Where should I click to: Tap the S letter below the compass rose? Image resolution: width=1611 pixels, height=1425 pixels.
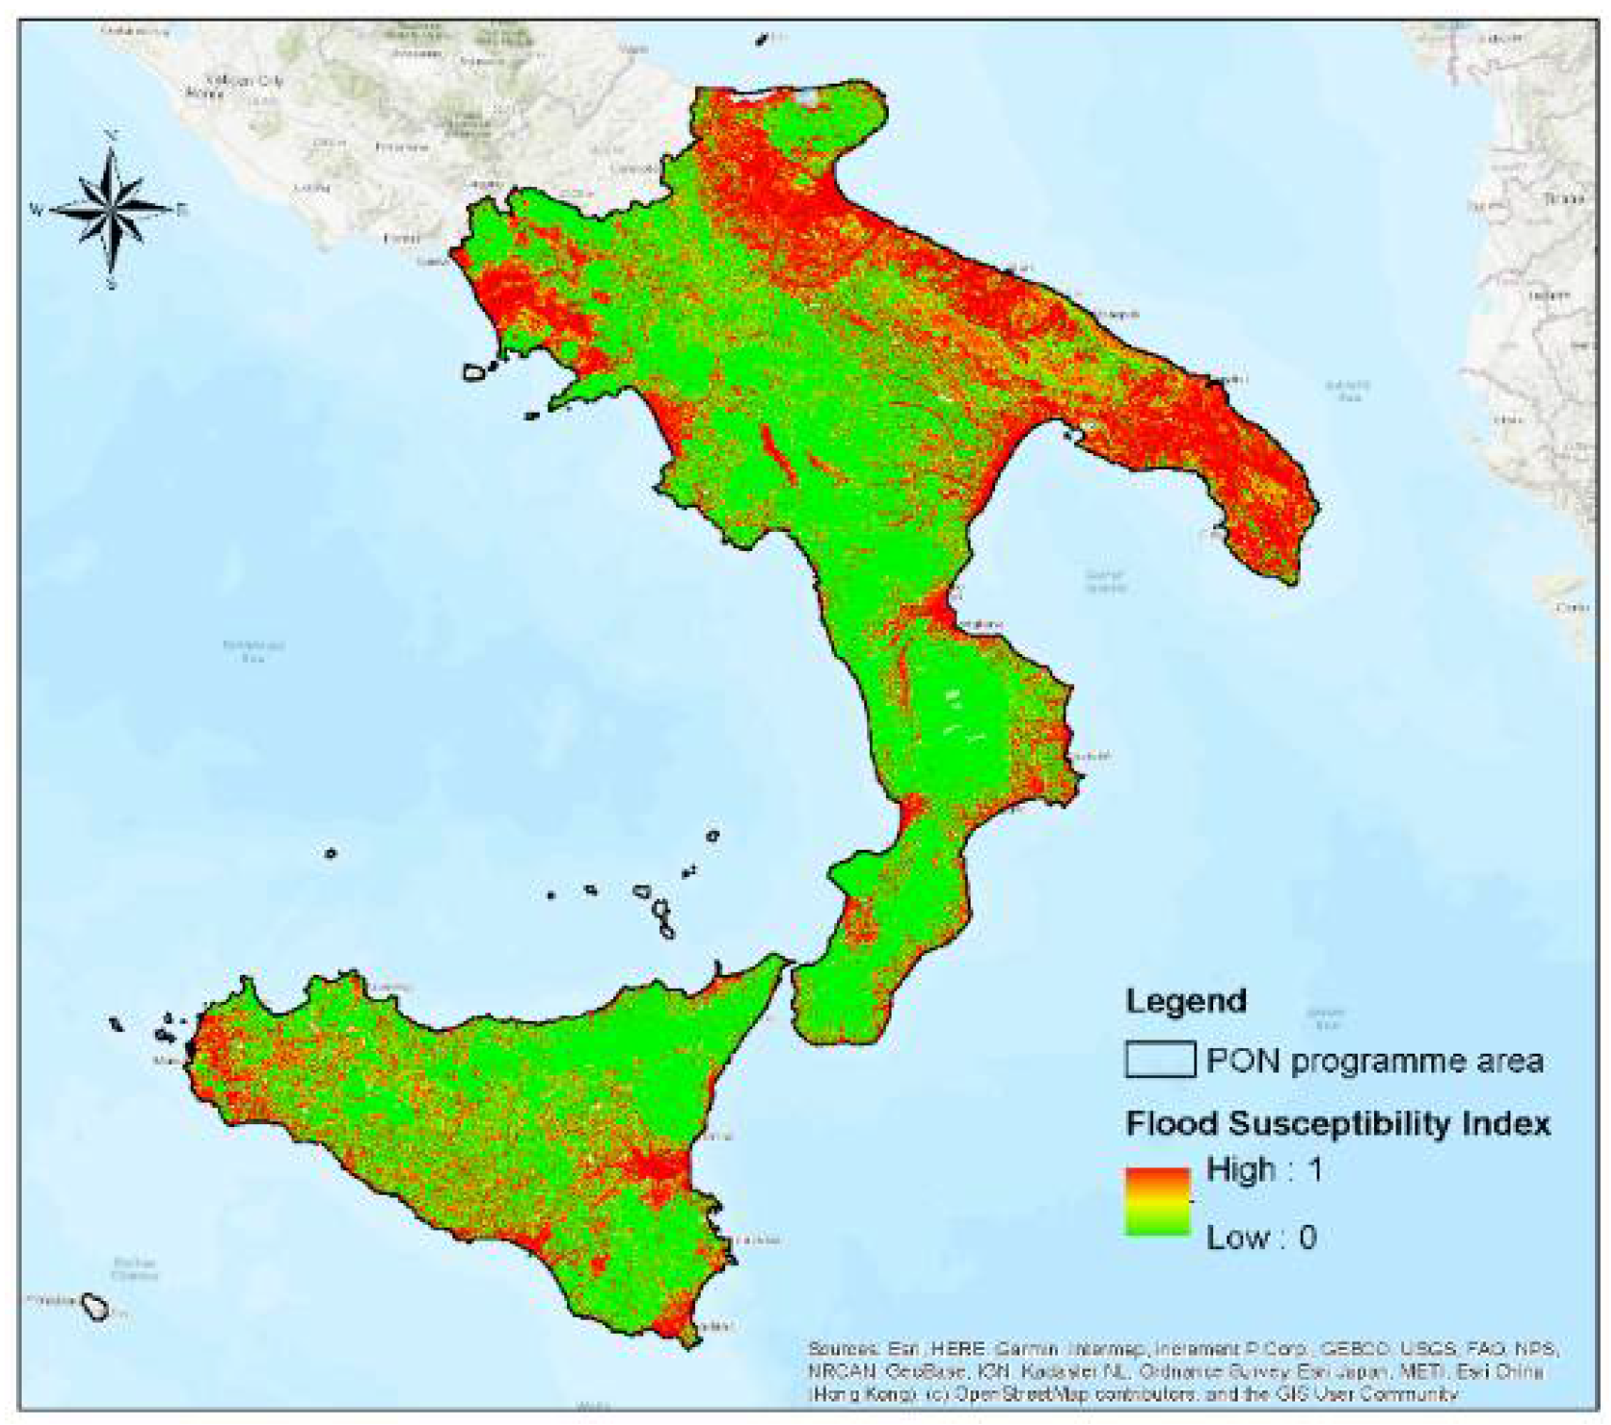point(112,283)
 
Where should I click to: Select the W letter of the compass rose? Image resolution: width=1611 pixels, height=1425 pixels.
point(36,210)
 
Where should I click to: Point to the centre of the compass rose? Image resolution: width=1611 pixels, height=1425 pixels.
point(112,209)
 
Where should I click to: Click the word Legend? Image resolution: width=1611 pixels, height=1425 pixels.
point(1186,1000)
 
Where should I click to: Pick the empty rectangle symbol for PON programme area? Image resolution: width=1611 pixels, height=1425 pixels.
point(1160,1059)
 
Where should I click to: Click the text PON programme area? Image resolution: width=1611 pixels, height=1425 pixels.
point(1374,1061)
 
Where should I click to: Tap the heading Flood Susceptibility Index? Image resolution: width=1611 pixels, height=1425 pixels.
point(1337,1123)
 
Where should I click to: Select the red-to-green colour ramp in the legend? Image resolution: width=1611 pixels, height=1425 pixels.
point(1158,1200)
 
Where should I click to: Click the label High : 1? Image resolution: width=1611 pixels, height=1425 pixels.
point(1264,1169)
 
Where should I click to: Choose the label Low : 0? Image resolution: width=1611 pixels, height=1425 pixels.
point(1261,1237)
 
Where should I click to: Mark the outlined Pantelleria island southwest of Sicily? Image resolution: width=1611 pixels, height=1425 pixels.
point(95,1306)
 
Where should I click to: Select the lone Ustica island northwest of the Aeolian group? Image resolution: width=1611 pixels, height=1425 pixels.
point(330,853)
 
